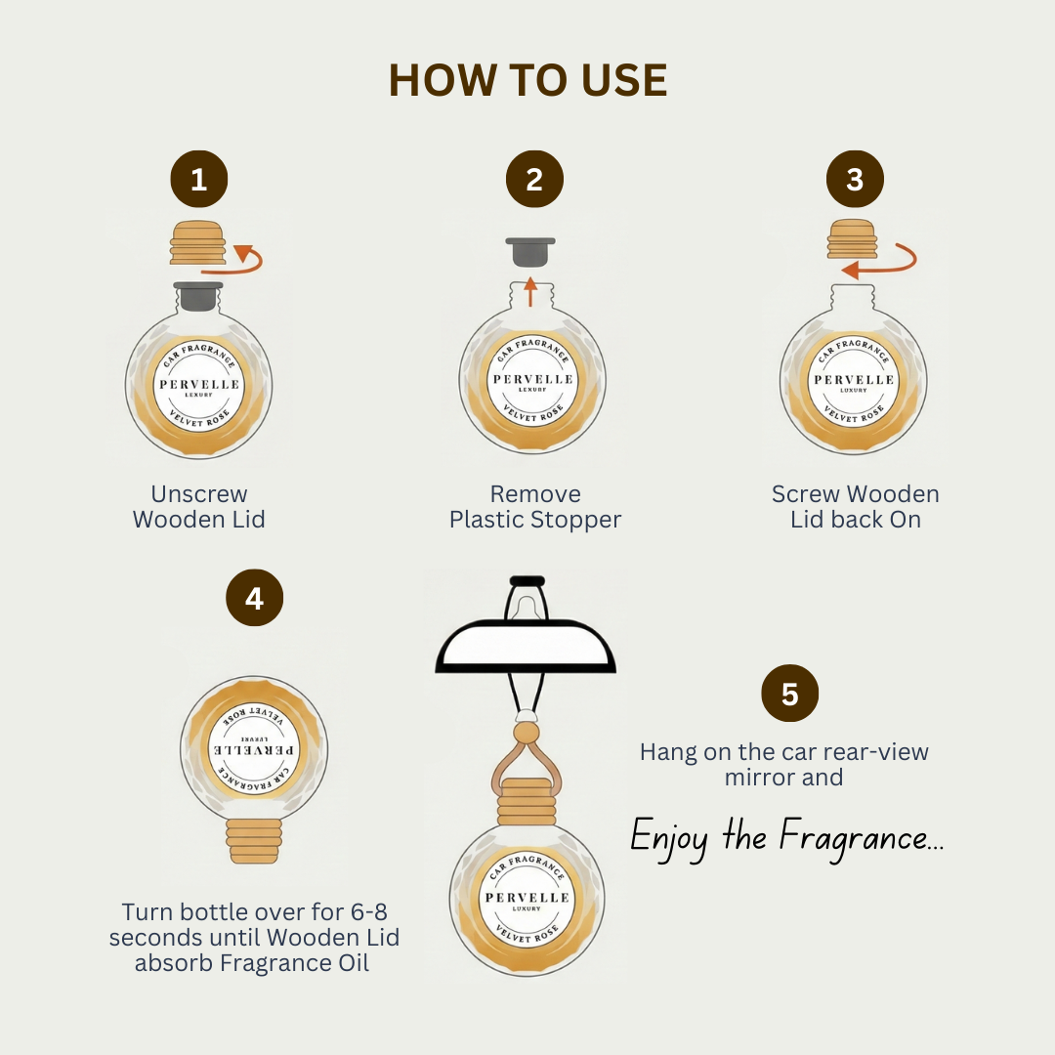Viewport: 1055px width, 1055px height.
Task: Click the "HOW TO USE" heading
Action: [528, 80]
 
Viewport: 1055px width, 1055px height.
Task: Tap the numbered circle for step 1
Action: [199, 179]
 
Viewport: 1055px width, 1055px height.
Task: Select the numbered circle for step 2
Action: [535, 179]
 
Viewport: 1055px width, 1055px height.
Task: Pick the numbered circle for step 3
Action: [855, 179]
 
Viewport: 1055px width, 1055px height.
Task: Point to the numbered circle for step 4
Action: [254, 598]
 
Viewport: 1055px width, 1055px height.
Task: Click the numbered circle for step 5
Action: [790, 693]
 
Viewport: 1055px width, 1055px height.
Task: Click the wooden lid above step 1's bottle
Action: [197, 242]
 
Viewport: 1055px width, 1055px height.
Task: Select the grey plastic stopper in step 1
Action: [197, 296]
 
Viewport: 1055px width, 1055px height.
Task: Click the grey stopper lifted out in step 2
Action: [530, 252]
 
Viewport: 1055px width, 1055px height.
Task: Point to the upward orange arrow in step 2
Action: [530, 291]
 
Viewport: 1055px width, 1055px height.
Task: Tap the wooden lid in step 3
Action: [853, 239]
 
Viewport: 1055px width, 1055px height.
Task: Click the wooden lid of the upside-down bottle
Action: [254, 841]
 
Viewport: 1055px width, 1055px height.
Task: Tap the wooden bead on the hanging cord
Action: [527, 733]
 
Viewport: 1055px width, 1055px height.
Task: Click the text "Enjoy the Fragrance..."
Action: [786, 838]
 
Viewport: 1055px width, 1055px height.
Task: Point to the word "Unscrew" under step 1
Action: [199, 494]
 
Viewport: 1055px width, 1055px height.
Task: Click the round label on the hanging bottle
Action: [527, 899]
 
